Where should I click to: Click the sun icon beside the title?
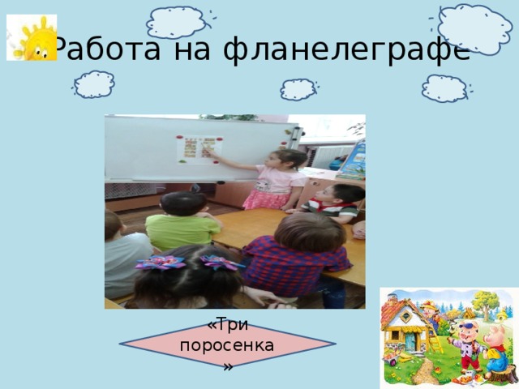31,37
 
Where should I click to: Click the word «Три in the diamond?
228,325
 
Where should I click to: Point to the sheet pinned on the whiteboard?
199,148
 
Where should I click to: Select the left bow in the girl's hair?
161,263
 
